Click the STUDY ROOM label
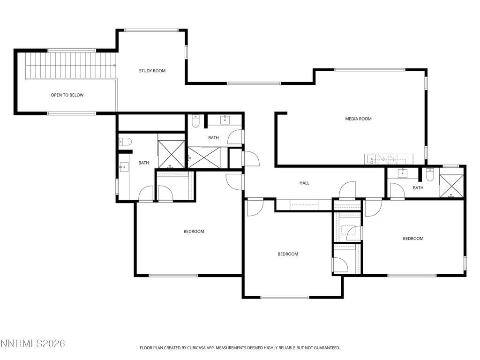click(x=152, y=71)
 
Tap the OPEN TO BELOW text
click(x=67, y=95)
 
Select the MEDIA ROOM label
click(x=358, y=119)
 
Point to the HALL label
click(x=304, y=183)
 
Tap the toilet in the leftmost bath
click(x=125, y=142)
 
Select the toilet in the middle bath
click(x=196, y=121)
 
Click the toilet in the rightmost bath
click(x=430, y=174)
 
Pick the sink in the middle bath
click(x=225, y=120)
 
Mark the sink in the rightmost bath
click(x=402, y=173)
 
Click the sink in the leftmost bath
click(x=124, y=166)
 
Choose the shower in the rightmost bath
click(x=451, y=186)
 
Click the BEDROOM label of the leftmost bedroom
click(x=194, y=232)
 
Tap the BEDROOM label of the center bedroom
click(x=288, y=254)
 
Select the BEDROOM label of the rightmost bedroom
click(x=413, y=239)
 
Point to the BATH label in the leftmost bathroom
click(x=143, y=163)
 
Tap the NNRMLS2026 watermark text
click(x=32, y=344)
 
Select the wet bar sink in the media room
click(x=372, y=159)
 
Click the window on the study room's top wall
click(x=151, y=30)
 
